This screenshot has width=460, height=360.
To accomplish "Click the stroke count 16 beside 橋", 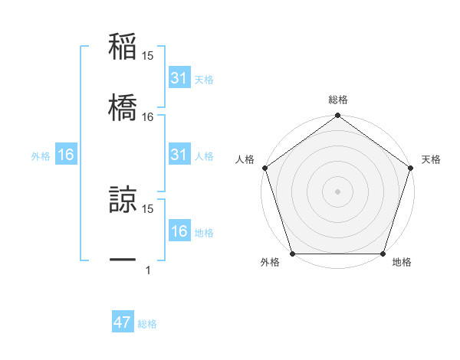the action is (148, 117).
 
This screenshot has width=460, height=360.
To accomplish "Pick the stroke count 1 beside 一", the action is (148, 270).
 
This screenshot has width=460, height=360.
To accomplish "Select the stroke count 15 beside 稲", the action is (148, 56).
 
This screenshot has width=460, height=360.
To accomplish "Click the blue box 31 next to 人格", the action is (179, 155).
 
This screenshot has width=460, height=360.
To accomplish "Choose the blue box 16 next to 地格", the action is (179, 231).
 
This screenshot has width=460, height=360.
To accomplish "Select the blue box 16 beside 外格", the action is (66, 155).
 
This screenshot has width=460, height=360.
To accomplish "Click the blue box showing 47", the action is (122, 322).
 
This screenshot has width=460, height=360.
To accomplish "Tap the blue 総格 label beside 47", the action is (148, 324).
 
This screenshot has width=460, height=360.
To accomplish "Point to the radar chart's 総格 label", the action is (337, 100).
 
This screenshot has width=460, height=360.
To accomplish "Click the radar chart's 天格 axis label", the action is (431, 159).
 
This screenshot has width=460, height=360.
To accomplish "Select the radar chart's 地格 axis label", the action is (402, 263).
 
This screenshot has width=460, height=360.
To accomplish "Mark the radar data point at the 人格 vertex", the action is (264, 168).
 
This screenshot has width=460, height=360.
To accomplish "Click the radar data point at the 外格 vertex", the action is (292, 254).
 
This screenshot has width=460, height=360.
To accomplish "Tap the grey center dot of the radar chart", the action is (337, 191).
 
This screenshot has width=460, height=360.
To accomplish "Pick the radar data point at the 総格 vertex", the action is (337, 116).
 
